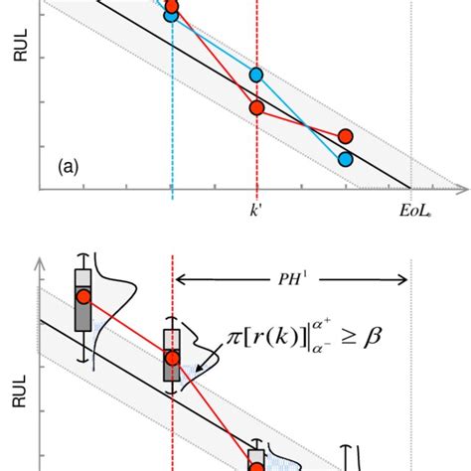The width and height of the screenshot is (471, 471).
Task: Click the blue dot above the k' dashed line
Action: [256, 75]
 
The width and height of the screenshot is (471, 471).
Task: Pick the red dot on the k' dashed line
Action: [256, 107]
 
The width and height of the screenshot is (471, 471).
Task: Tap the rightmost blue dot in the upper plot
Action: [345, 158]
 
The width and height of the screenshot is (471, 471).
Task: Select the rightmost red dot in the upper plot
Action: [345, 136]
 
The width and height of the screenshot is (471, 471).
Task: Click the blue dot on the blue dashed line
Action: [172, 15]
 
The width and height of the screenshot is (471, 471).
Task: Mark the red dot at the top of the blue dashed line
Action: [172, 5]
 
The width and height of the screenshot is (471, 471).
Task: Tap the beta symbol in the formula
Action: [374, 341]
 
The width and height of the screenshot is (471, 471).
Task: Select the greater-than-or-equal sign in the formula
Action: [347, 342]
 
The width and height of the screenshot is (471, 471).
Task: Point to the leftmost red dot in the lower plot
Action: [83, 296]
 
